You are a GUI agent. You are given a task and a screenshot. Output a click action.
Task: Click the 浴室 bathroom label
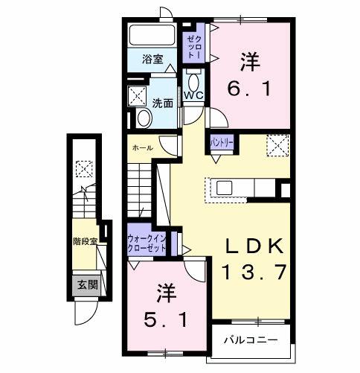[153, 60]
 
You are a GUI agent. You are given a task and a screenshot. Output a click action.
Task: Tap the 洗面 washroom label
[164, 103]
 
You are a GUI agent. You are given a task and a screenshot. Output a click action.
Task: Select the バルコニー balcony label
[251, 340]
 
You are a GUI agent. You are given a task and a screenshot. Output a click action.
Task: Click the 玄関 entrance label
[84, 284]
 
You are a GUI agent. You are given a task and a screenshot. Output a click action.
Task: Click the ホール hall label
[142, 148]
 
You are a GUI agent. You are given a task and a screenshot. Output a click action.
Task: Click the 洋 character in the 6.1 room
[251, 60]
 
